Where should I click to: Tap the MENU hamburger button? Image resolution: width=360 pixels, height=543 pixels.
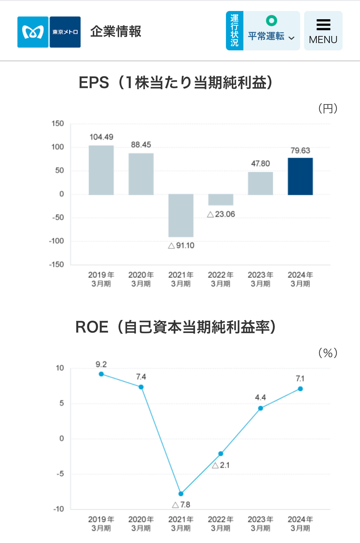click(x=323, y=31)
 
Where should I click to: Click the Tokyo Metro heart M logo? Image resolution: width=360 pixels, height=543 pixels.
click(x=33, y=32)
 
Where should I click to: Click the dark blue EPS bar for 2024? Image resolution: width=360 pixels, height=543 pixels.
click(x=300, y=176)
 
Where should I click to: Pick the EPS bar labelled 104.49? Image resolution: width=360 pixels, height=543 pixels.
click(x=101, y=170)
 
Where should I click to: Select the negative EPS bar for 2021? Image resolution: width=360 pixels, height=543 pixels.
click(x=181, y=215)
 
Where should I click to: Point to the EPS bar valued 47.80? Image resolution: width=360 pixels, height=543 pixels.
click(x=260, y=183)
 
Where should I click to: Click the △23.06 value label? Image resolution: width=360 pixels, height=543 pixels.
click(x=221, y=214)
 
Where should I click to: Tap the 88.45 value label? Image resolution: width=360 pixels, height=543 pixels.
click(x=141, y=145)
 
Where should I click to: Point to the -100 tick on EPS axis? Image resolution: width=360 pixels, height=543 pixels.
click(x=56, y=241)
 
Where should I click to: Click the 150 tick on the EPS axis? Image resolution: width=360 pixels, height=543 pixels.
click(x=58, y=124)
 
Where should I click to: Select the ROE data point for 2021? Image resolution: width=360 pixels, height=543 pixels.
click(x=181, y=494)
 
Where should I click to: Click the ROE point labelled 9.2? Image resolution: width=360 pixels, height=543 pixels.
click(x=101, y=374)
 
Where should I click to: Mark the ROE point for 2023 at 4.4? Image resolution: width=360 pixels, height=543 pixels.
click(x=260, y=408)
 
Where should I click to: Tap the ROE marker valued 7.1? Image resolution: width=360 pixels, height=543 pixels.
click(x=300, y=389)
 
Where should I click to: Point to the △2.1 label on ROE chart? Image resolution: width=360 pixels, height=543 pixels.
click(x=221, y=465)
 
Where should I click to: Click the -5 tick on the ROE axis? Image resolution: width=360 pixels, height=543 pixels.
click(x=60, y=474)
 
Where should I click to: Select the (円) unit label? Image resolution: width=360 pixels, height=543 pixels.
click(x=328, y=108)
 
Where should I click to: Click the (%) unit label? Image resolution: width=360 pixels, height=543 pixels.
click(x=328, y=353)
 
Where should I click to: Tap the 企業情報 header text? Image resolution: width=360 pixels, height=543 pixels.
click(x=116, y=32)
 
